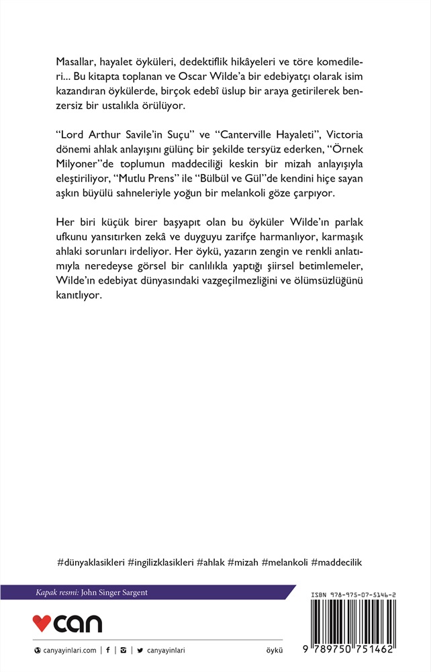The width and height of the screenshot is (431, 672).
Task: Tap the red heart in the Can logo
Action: click(x=42, y=624)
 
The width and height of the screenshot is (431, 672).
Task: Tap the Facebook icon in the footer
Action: click(x=107, y=650)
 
